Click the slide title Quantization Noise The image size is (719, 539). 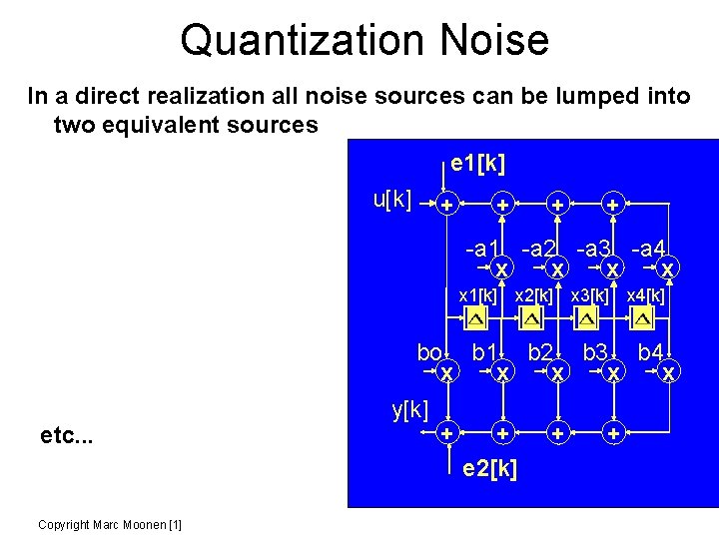pyautogui.click(x=364, y=40)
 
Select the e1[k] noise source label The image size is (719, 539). pyautogui.click(x=484, y=163)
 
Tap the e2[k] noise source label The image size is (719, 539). pyautogui.click(x=490, y=467)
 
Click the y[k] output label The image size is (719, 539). pyautogui.click(x=409, y=408)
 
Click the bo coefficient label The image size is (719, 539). pyautogui.click(x=429, y=352)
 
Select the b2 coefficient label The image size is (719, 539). pyautogui.click(x=541, y=351)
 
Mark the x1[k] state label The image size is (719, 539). pyautogui.click(x=477, y=295)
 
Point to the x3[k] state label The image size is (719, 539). pyautogui.click(x=589, y=295)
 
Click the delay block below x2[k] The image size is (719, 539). pyautogui.click(x=532, y=318)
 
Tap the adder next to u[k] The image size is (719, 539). pyautogui.click(x=448, y=205)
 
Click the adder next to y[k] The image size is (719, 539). pyautogui.click(x=448, y=434)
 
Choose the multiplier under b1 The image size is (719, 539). pyautogui.click(x=504, y=372)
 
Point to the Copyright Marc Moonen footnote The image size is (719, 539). pyautogui.click(x=109, y=524)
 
